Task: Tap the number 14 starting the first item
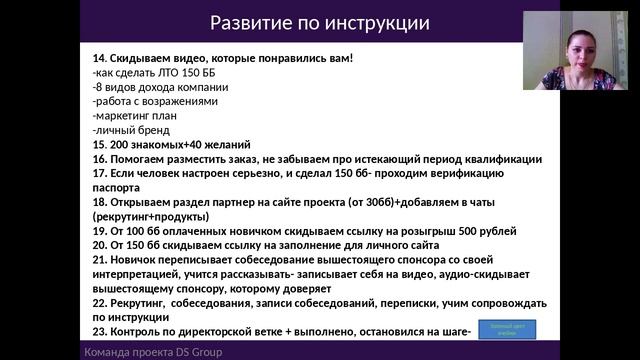click(97, 58)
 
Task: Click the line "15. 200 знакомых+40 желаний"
click(170, 145)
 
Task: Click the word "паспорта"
click(114, 187)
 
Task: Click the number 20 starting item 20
click(97, 245)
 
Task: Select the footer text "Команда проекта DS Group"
click(152, 352)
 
